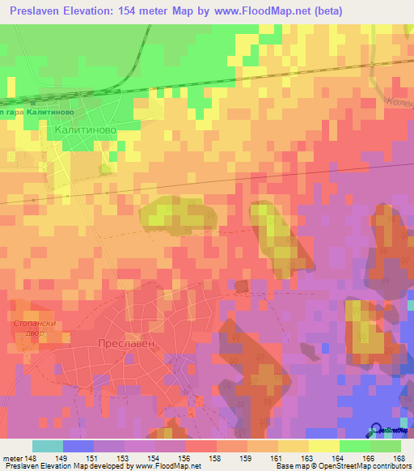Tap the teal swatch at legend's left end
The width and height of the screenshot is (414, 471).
pyautogui.click(x=48, y=446)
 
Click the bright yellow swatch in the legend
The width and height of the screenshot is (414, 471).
pyautogui.click(x=323, y=446)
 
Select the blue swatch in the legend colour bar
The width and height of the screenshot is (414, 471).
pyautogui.click(x=78, y=446)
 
